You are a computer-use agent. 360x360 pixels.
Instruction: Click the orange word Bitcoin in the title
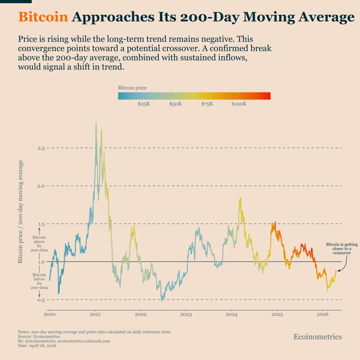point(43,17)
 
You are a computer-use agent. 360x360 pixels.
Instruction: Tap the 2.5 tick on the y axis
point(41,148)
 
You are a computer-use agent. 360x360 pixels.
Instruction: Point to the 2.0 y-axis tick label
point(41,186)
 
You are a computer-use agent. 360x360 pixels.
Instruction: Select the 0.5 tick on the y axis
point(41,300)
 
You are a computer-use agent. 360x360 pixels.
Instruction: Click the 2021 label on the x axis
point(95,314)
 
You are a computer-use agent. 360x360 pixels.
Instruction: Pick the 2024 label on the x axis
point(231,314)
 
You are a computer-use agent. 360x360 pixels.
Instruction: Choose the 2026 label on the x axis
point(322,314)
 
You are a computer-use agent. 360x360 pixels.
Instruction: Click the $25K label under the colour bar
point(143,104)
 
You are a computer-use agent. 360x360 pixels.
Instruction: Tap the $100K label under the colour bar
point(239,104)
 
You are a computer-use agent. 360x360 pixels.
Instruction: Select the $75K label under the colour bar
point(207,104)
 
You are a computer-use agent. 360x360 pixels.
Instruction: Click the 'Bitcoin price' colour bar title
point(132,87)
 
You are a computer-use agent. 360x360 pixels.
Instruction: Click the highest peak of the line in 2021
point(96,123)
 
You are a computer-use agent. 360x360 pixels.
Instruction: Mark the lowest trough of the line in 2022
point(161,300)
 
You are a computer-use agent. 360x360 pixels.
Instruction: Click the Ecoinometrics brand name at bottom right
point(318,337)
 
